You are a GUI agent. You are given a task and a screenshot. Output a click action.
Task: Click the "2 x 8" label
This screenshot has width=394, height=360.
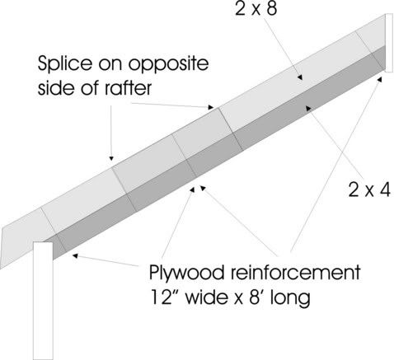click(256, 9)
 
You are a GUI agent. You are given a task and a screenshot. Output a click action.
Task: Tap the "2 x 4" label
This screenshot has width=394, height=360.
click(369, 189)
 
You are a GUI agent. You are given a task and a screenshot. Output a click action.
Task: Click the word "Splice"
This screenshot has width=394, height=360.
click(65, 63)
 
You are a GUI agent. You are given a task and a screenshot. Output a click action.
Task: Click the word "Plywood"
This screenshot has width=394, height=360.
click(186, 274)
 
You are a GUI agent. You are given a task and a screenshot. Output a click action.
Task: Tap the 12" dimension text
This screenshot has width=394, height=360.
click(164, 297)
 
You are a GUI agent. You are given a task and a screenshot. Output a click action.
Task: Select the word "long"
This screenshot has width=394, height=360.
click(290, 299)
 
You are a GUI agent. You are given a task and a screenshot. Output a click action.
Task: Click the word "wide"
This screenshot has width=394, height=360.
click(210, 297)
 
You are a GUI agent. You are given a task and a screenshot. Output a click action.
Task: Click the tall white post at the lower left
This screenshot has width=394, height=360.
click(43, 301)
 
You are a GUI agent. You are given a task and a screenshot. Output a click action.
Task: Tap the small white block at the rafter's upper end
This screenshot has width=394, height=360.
click(389, 43)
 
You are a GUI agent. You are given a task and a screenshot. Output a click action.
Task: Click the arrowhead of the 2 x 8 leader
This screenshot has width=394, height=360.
click(300, 77)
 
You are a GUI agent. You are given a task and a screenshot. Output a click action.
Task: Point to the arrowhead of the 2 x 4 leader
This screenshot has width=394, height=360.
click(309, 108)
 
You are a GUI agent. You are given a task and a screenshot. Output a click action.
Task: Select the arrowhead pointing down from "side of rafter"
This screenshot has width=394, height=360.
click(111, 158)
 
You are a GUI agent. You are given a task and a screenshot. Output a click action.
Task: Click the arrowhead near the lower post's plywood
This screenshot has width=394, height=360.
click(75, 256)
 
